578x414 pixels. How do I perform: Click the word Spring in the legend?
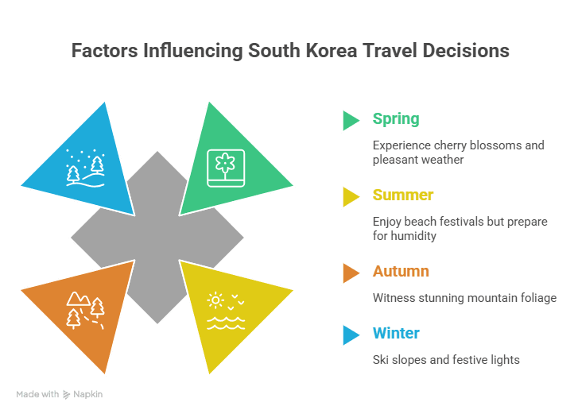395,119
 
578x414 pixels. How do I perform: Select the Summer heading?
403,195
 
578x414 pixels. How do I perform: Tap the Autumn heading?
401,272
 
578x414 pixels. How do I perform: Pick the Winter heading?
396,333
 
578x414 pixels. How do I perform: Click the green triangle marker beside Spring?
351,120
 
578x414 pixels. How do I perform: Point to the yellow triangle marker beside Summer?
351,196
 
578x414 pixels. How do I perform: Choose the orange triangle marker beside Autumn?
351,273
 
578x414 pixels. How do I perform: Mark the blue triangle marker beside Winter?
351,334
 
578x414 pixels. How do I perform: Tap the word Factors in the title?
104,51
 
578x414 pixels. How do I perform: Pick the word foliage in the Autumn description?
534,298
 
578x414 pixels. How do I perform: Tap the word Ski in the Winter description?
382,360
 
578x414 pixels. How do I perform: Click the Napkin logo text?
90,394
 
